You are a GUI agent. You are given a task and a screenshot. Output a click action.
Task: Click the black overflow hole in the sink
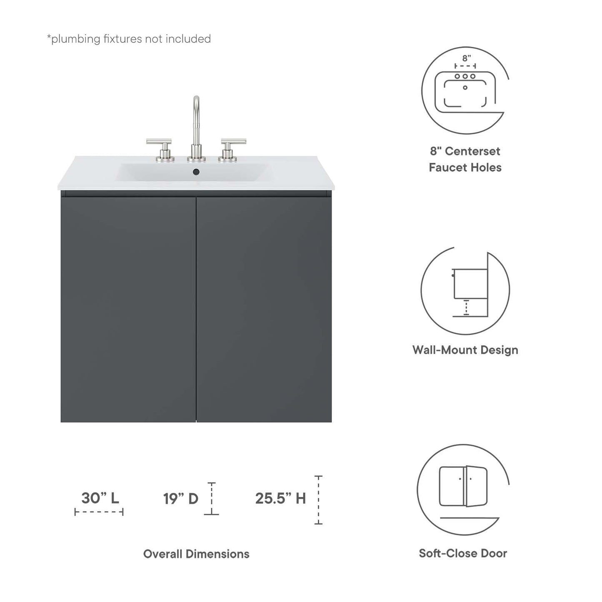tap(196, 172)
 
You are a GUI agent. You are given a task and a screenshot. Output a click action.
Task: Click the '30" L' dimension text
tap(100, 498)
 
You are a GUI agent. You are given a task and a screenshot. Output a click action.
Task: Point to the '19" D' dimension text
tap(180, 499)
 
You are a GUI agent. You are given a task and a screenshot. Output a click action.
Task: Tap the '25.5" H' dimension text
tap(280, 498)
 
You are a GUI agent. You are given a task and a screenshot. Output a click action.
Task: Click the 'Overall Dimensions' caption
tap(196, 554)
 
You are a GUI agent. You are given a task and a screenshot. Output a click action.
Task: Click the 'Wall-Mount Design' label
tap(465, 350)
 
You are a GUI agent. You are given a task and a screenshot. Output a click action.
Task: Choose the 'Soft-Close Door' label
tap(463, 553)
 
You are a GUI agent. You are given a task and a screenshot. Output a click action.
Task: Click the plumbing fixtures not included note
tap(129, 39)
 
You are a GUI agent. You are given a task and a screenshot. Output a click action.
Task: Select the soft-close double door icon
tap(463, 486)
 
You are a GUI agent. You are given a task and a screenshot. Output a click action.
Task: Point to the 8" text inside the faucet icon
tap(467, 58)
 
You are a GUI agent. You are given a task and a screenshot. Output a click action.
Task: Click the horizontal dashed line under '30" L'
tap(99, 512)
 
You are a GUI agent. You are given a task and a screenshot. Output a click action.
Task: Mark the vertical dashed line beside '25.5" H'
tap(319, 500)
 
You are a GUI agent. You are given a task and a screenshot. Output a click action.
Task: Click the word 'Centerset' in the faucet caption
tap(472, 151)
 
